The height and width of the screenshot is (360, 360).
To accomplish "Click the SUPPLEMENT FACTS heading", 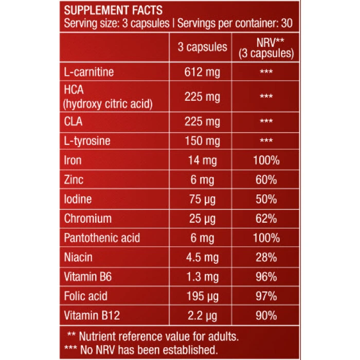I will tap(113, 10).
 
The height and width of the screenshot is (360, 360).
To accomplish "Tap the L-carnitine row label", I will tap(89, 71).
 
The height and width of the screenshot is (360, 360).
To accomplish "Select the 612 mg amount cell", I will tap(202, 71).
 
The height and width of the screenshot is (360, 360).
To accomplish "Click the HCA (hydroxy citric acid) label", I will tap(108, 97).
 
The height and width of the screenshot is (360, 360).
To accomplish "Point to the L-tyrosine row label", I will tap(87, 141).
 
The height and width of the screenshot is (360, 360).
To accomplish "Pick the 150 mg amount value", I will tap(202, 141).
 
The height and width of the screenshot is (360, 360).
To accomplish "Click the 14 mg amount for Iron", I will tap(202, 160).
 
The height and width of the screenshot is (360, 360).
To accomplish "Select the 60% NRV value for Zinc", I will tap(266, 180).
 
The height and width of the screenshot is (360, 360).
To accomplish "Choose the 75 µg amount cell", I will tap(202, 200).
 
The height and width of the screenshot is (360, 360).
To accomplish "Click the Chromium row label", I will tap(87, 219).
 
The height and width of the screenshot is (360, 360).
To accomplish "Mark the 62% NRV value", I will tap(266, 219).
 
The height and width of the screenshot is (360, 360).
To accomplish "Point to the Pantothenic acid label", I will tap(102, 238).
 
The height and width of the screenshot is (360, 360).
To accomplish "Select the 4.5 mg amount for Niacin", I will tap(202, 257).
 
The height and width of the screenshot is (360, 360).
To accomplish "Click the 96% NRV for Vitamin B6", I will tap(266, 277).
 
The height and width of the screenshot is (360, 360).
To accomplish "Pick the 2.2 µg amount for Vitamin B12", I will tap(202, 315).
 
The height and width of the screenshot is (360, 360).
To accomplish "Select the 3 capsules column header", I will tap(202, 47).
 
